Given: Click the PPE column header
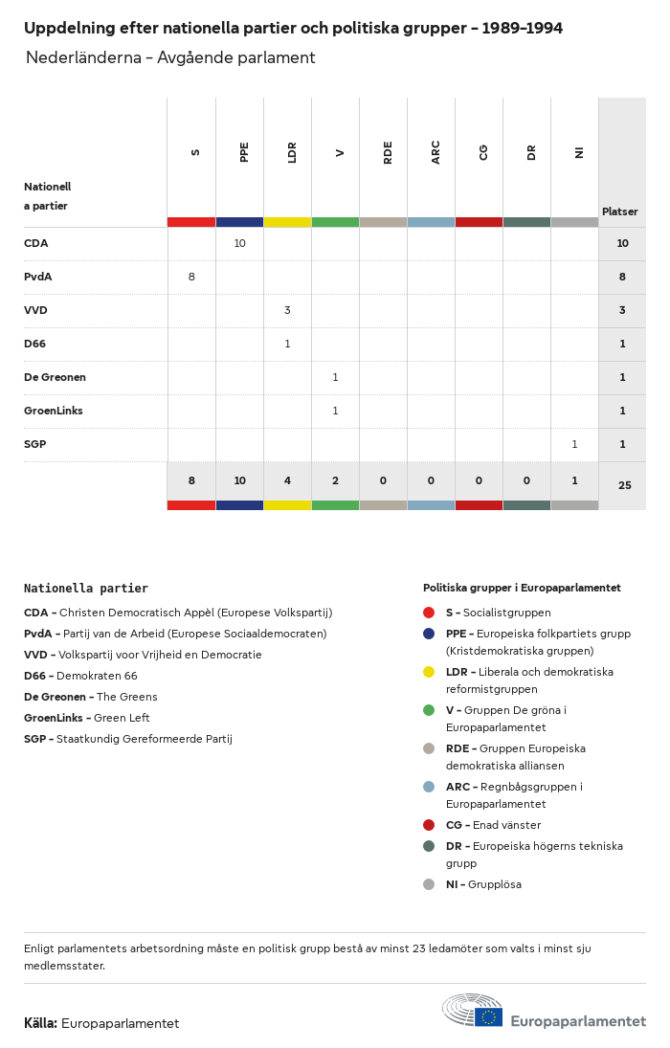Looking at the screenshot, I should (244, 152).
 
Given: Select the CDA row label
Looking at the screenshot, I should (36, 243).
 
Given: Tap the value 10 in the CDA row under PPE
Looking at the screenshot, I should (239, 243).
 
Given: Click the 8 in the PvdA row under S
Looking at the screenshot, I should (191, 277).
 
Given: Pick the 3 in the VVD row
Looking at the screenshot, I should (287, 310).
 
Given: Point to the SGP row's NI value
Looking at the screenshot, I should (574, 444).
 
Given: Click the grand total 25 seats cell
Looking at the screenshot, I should (624, 485).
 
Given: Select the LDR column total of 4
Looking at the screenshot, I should (287, 481).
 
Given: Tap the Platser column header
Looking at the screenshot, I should (619, 212).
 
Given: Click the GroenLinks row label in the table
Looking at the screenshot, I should (54, 411).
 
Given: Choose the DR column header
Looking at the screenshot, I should (531, 152).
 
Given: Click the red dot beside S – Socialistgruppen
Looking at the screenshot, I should (429, 613).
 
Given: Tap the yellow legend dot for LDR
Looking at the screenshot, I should (429, 672).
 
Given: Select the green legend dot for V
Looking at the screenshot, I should (429, 710).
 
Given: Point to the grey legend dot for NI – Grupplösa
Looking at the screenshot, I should (429, 884).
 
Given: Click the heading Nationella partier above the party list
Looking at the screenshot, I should (86, 589).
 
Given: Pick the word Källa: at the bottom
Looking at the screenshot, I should (40, 1023).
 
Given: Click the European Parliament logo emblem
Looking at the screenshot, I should (473, 1011).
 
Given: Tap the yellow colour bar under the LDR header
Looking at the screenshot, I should (287, 222).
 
